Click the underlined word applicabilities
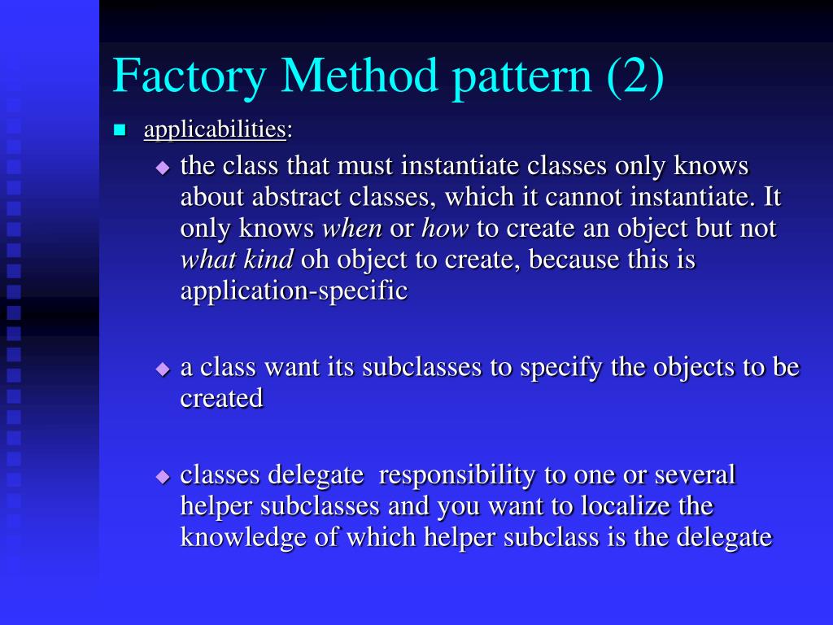pos(215,129)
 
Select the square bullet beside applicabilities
pos(120,129)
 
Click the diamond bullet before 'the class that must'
pos(163,167)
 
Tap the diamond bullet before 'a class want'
pos(163,368)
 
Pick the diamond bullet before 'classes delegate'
pos(163,475)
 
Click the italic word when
pos(353,229)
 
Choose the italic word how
pos(445,229)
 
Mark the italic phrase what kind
pos(237,260)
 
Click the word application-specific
pos(294,291)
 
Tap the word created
pos(221,398)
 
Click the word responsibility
pos(477,474)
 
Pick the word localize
pos(625,506)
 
